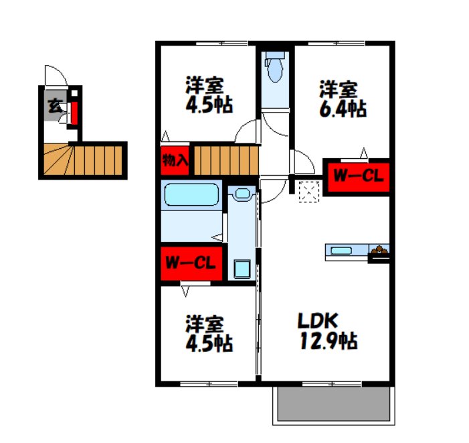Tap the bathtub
(192, 194)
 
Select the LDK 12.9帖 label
(328, 331)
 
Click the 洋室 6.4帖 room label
(343, 99)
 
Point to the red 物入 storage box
(175, 160)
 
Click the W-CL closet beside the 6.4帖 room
(359, 177)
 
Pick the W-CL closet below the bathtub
(191, 263)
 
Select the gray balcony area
(333, 404)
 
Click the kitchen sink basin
(341, 251)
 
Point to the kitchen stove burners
(379, 250)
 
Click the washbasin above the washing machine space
(242, 193)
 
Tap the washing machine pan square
(242, 269)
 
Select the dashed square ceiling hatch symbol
(309, 192)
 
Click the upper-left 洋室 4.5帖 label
(209, 95)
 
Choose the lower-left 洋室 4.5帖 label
(209, 333)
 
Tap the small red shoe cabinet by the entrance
(74, 113)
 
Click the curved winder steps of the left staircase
(59, 160)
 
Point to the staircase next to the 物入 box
(226, 160)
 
